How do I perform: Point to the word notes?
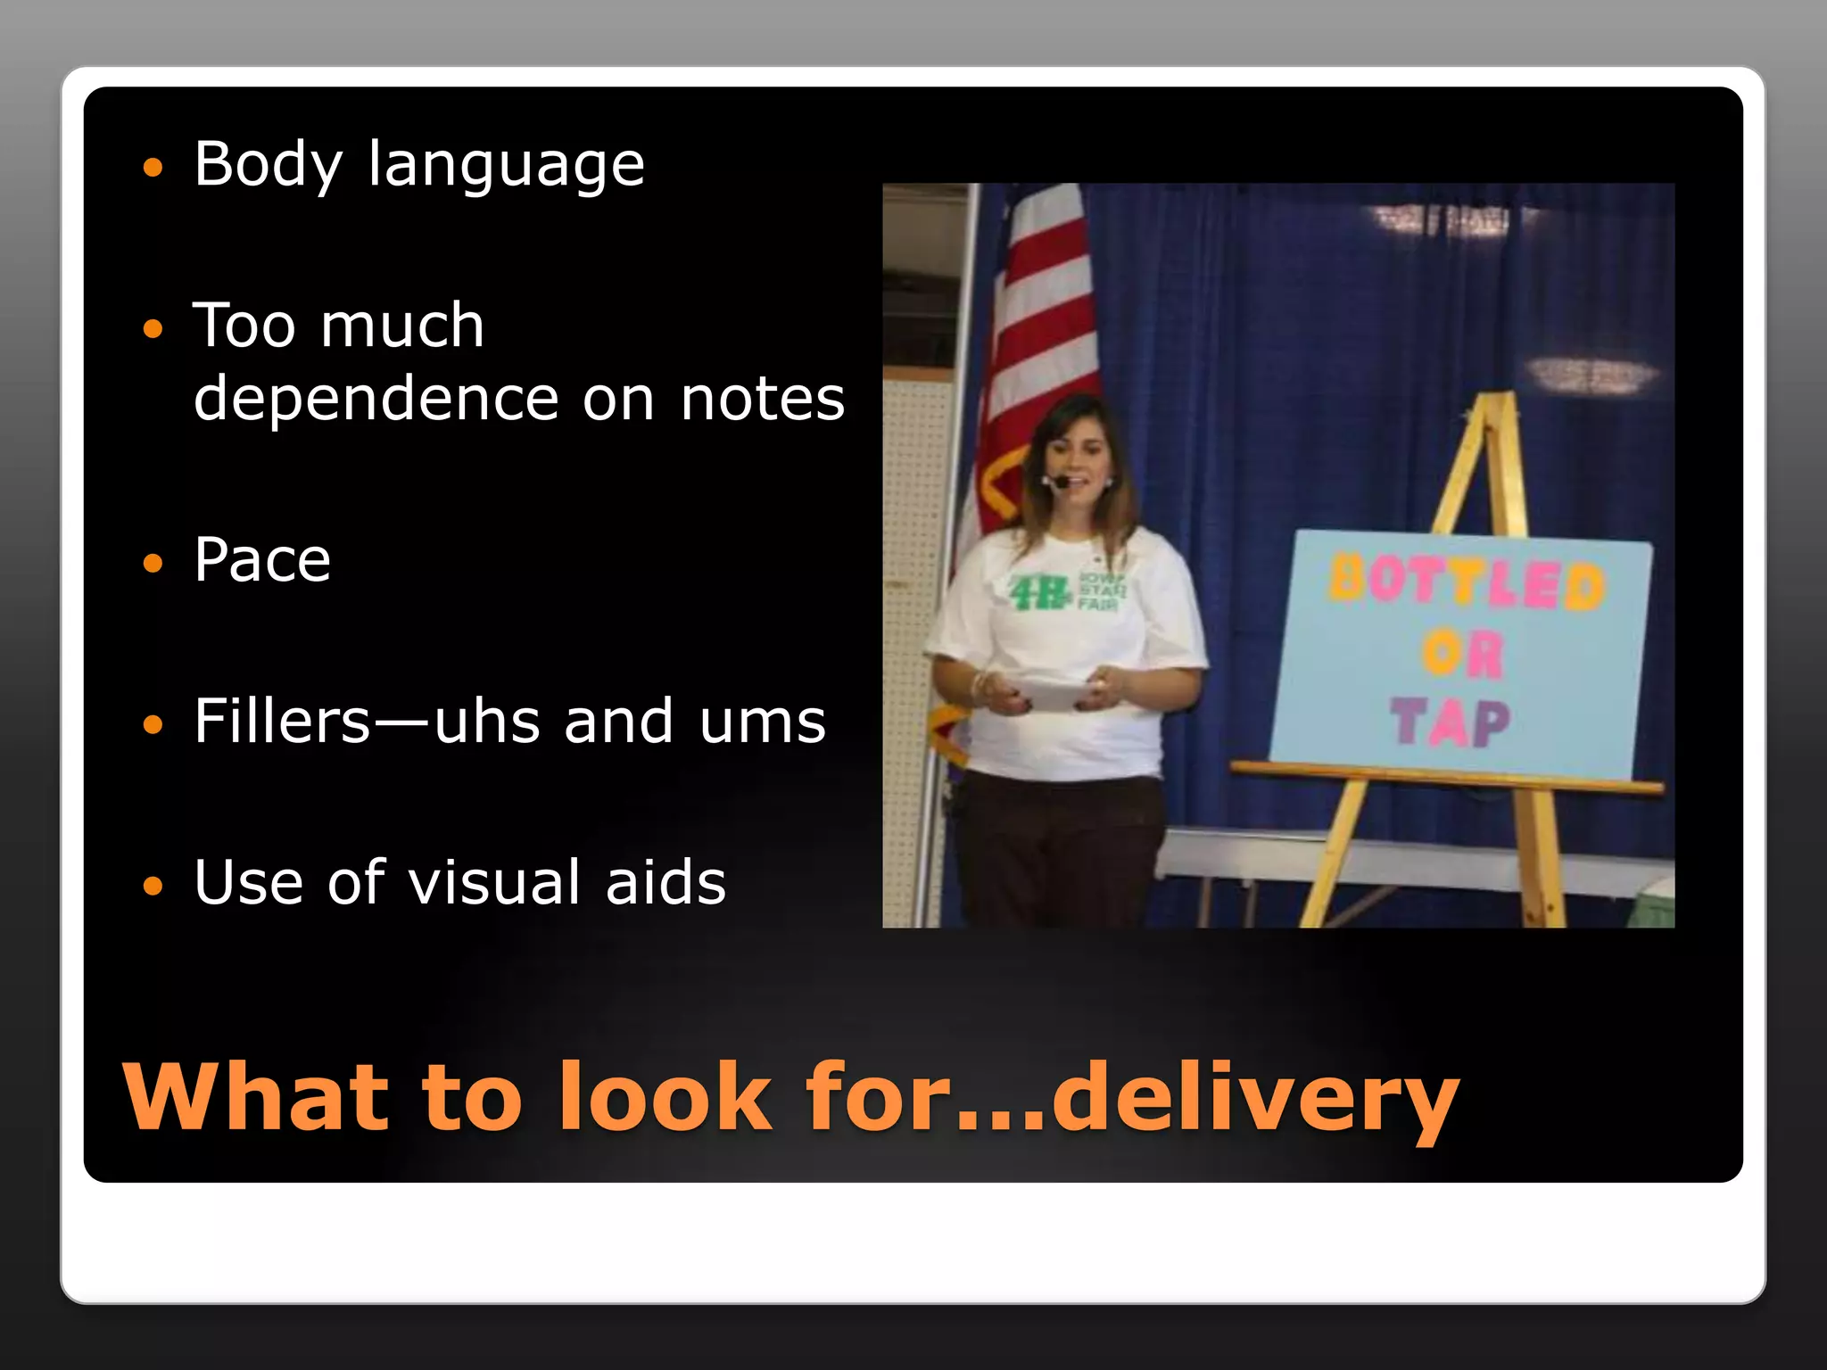tap(762, 399)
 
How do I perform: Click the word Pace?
tap(262, 560)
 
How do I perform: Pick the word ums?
tap(763, 722)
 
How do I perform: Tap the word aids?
tap(665, 882)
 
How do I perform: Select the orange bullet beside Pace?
tap(153, 563)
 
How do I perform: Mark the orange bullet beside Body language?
tap(153, 168)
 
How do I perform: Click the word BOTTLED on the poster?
tap(1466, 584)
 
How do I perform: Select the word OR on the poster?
tap(1463, 655)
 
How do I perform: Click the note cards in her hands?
tap(1049, 691)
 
